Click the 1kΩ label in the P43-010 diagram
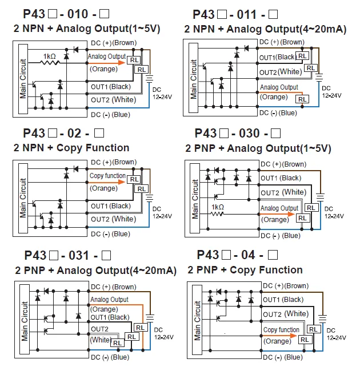click(x=49, y=57)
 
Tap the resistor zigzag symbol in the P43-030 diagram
click(x=217, y=214)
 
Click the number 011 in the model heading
click(x=246, y=14)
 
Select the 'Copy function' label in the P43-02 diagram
click(x=107, y=176)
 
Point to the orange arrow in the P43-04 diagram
click(x=279, y=336)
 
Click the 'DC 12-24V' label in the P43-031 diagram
click(x=163, y=333)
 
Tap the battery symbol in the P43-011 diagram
click(x=319, y=77)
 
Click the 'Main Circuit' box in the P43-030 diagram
click(x=195, y=198)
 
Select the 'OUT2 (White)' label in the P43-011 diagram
click(x=281, y=72)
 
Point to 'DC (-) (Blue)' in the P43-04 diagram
click(x=283, y=357)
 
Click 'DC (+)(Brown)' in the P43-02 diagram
click(x=114, y=162)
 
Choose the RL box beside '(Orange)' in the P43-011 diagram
click(x=302, y=99)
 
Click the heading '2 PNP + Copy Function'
click(x=245, y=270)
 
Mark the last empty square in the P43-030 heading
click(x=275, y=133)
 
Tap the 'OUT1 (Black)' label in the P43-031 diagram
click(x=110, y=317)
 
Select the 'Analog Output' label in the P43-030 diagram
click(x=279, y=208)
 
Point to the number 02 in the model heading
click(x=74, y=133)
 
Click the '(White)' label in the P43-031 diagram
click(x=101, y=340)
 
